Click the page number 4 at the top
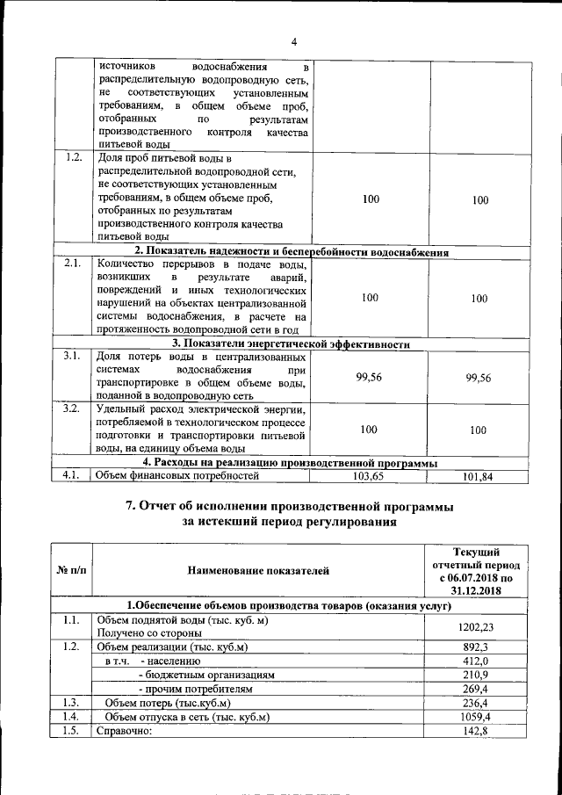(294, 41)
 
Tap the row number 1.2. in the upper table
(74, 158)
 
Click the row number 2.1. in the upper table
(74, 263)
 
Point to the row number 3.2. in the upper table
(74, 408)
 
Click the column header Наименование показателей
(258, 571)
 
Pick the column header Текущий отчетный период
(479, 570)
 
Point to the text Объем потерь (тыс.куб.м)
(168, 703)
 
